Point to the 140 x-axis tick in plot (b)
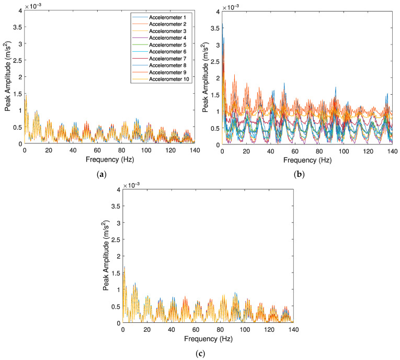[x=392, y=150]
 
